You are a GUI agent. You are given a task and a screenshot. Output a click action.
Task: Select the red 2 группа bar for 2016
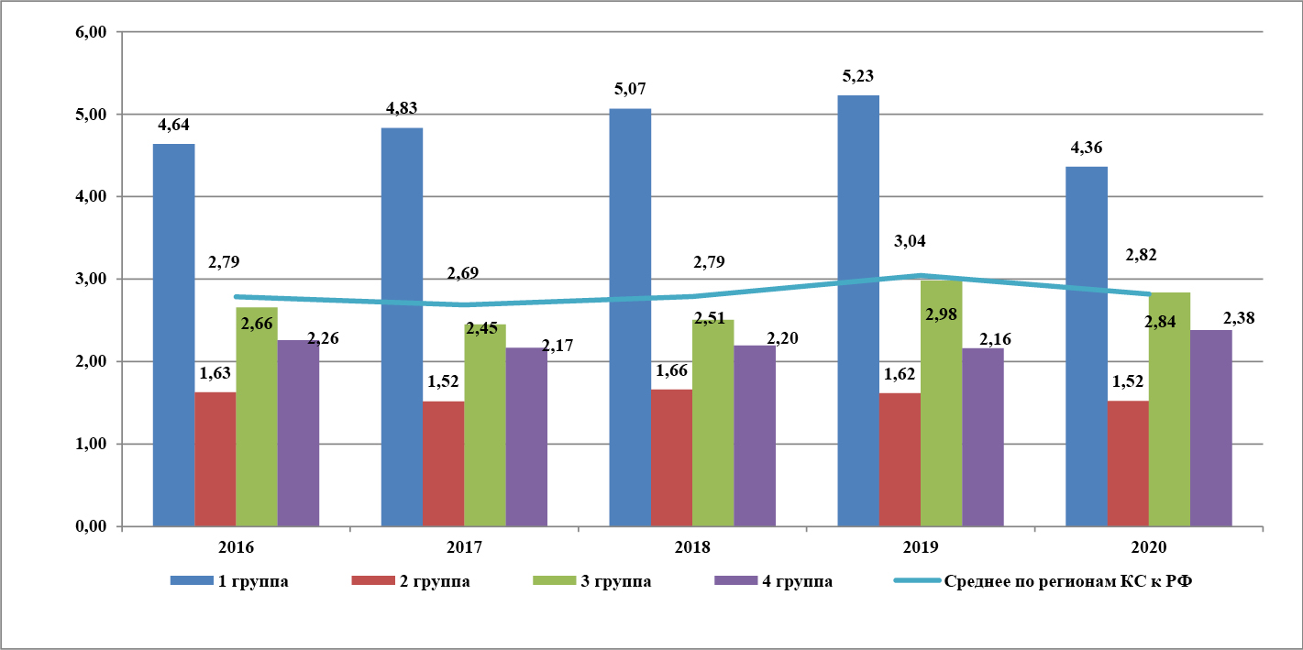click(x=215, y=459)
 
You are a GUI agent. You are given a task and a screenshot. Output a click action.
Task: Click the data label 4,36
click(x=1088, y=149)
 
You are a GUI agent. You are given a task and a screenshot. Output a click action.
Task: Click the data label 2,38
click(x=1238, y=318)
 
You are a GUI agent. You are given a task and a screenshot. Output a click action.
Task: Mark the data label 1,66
click(x=671, y=372)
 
